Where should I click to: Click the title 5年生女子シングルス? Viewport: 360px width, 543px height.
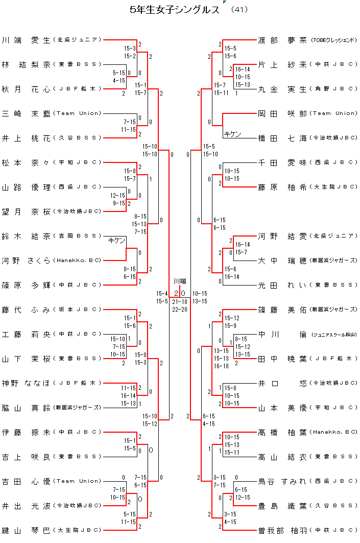[x=175, y=9]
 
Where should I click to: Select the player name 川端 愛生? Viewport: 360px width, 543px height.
[x=26, y=39]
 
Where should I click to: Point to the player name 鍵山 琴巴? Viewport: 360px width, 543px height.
[x=26, y=530]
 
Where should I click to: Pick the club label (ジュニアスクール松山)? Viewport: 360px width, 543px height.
[x=334, y=335]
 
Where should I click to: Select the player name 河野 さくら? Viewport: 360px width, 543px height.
[x=26, y=261]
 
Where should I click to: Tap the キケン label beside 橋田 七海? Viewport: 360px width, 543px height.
[x=232, y=134]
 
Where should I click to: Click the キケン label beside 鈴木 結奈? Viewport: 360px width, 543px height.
[x=117, y=241]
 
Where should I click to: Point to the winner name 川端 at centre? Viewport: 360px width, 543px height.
[x=180, y=281]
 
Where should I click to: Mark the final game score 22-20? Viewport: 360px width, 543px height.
[x=179, y=309]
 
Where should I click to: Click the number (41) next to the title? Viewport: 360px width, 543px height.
[x=239, y=9]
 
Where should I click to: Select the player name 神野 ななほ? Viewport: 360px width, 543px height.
[x=26, y=383]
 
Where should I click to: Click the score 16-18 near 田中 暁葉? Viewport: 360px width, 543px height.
[x=221, y=366]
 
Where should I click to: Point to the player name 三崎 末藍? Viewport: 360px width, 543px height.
[x=26, y=113]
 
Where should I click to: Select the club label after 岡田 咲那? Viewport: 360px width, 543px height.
[x=334, y=113]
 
